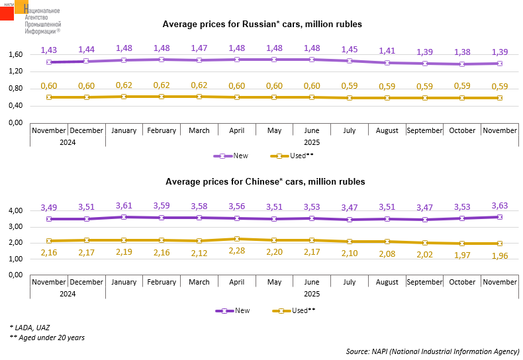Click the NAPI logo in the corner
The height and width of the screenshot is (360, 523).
click(30, 17)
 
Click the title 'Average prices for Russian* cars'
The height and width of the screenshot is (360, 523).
click(262, 24)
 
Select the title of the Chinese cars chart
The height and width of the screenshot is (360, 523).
click(265, 181)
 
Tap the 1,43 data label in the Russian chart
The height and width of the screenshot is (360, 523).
click(49, 50)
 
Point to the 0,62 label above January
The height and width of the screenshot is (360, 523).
click(124, 85)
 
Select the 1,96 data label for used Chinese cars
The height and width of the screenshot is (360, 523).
click(500, 256)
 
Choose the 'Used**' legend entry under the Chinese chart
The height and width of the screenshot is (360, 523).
click(292, 310)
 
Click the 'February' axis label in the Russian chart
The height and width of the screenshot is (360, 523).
click(162, 131)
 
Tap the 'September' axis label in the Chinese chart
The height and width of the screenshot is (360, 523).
click(424, 283)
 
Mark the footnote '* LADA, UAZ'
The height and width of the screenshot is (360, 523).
click(30, 327)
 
